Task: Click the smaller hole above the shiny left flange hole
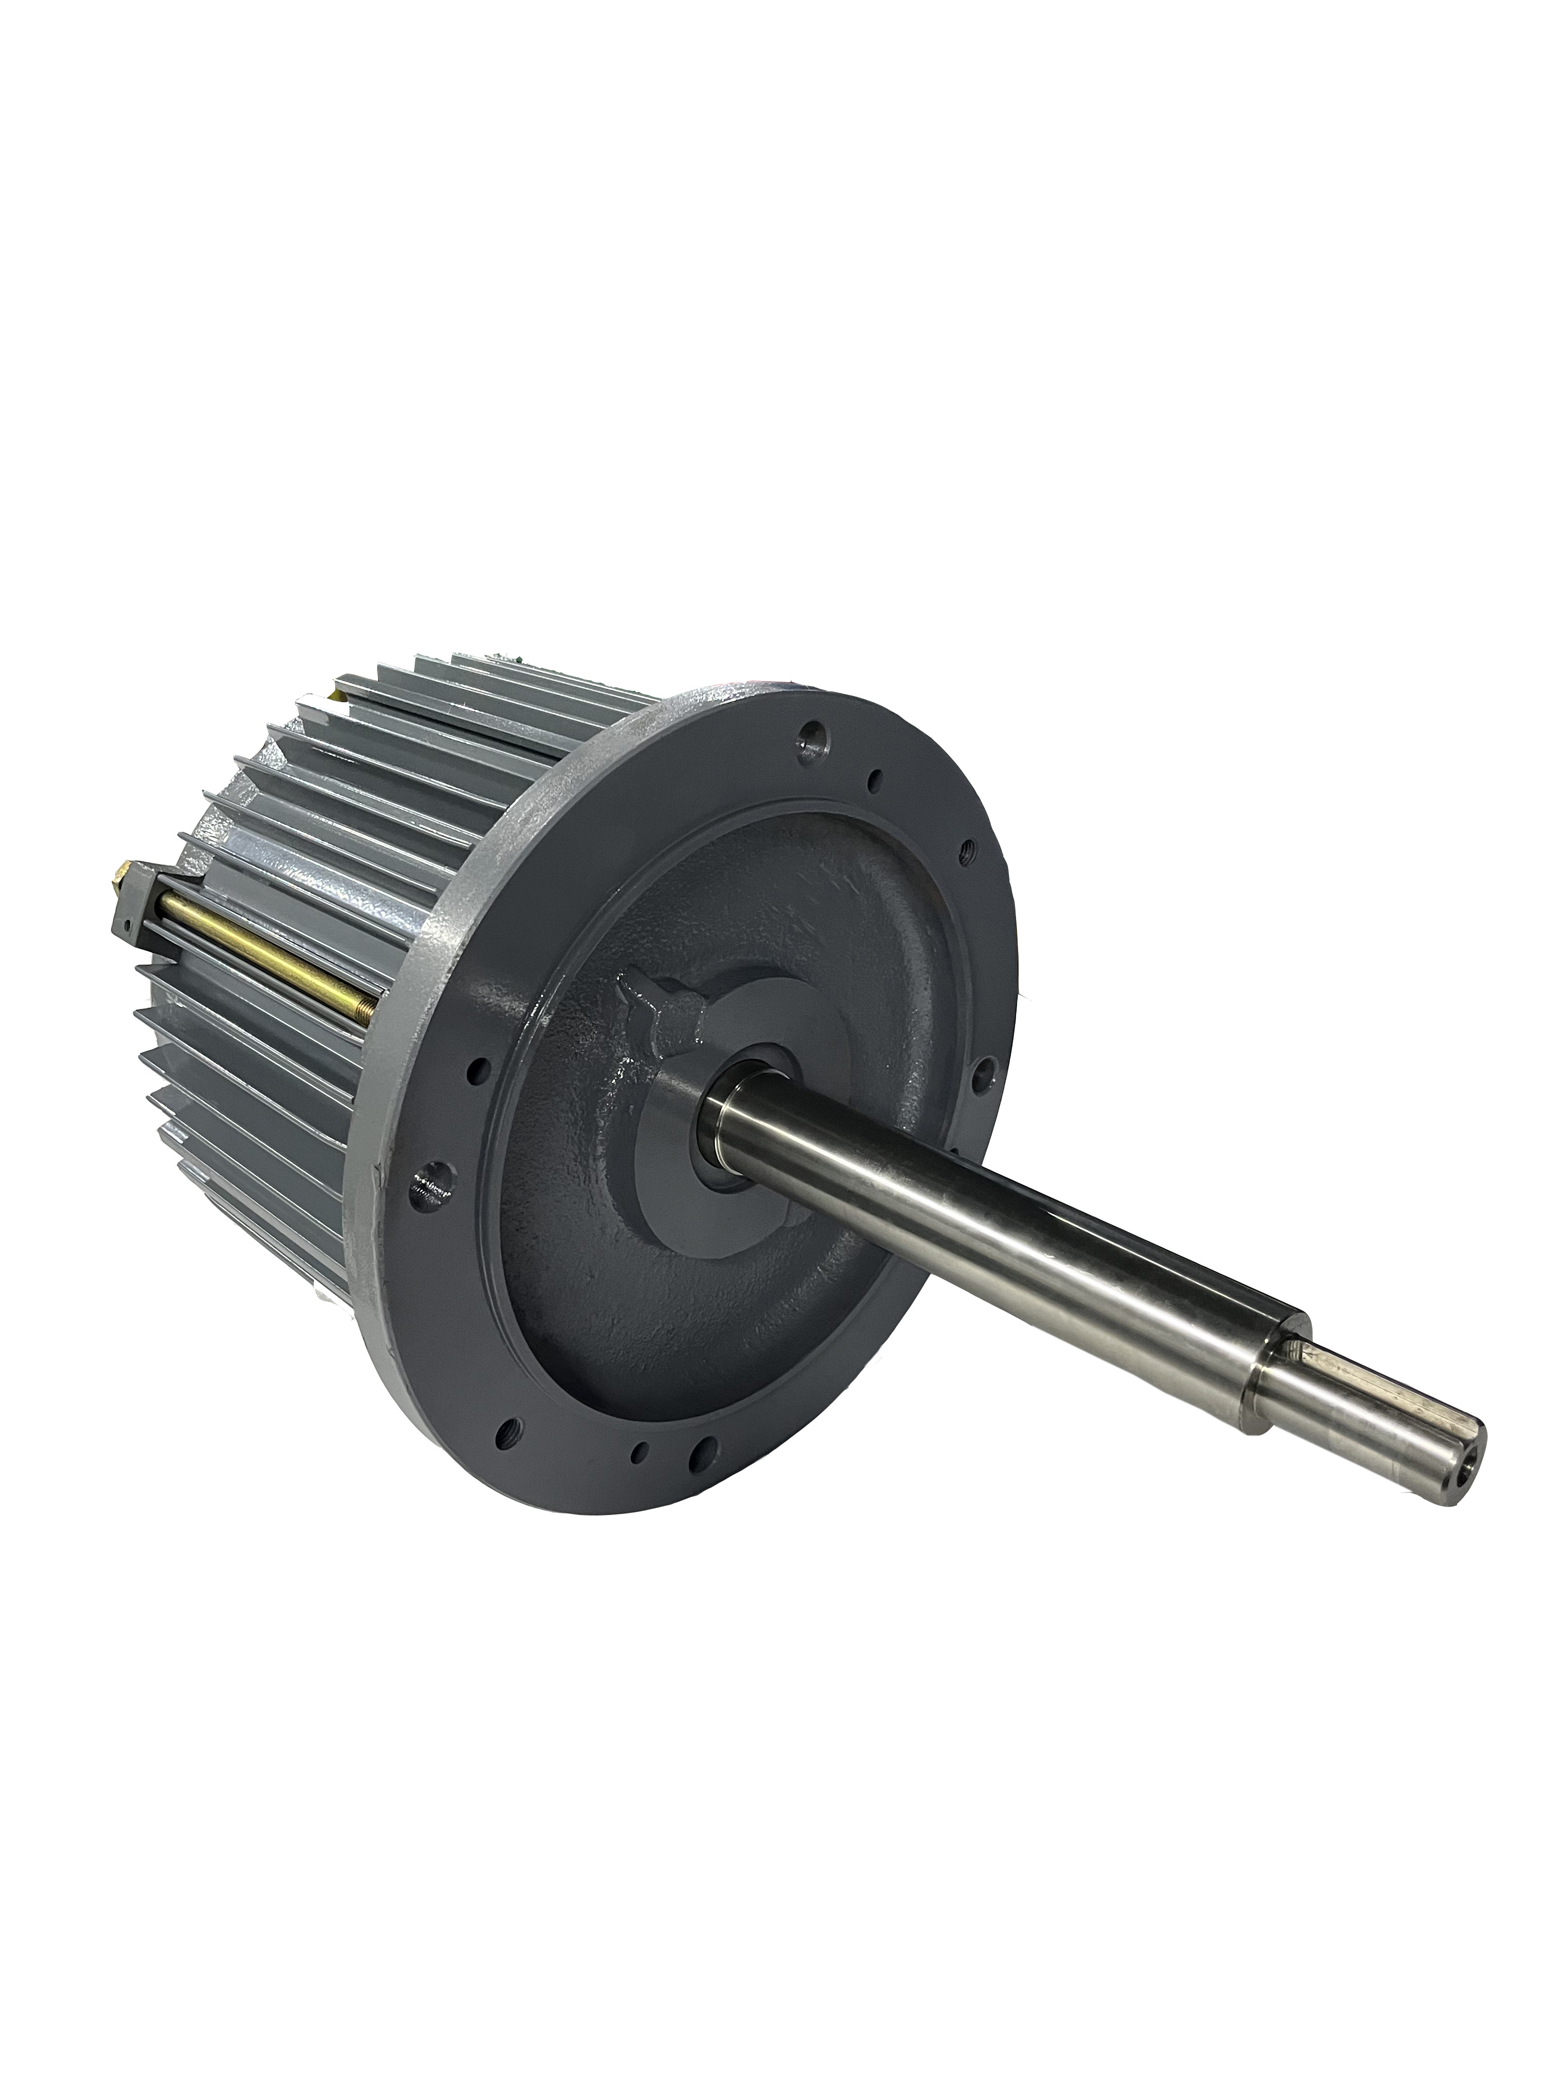point(480,1070)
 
